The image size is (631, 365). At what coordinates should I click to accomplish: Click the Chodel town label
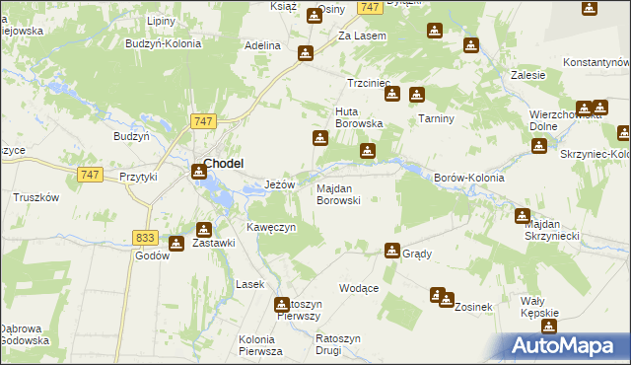(224, 164)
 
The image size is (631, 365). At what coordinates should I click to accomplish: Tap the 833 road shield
(145, 238)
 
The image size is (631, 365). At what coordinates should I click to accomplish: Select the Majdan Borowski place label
(337, 194)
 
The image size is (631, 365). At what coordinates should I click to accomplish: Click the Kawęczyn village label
(271, 227)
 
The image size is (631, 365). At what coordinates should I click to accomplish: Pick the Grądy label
(417, 254)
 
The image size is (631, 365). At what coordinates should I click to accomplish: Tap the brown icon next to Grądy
(392, 251)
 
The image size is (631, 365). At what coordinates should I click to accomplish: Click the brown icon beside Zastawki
(176, 244)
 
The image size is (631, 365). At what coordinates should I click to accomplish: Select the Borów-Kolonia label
(469, 178)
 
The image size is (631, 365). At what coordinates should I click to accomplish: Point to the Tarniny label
(434, 118)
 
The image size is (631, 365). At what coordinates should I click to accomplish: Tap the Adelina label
(263, 45)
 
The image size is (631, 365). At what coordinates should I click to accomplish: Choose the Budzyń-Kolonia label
(164, 43)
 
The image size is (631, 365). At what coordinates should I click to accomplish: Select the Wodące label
(359, 288)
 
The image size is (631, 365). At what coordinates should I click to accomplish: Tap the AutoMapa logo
(568, 346)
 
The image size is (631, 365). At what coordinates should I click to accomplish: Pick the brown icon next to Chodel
(199, 172)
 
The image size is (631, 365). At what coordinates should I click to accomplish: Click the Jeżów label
(281, 184)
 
